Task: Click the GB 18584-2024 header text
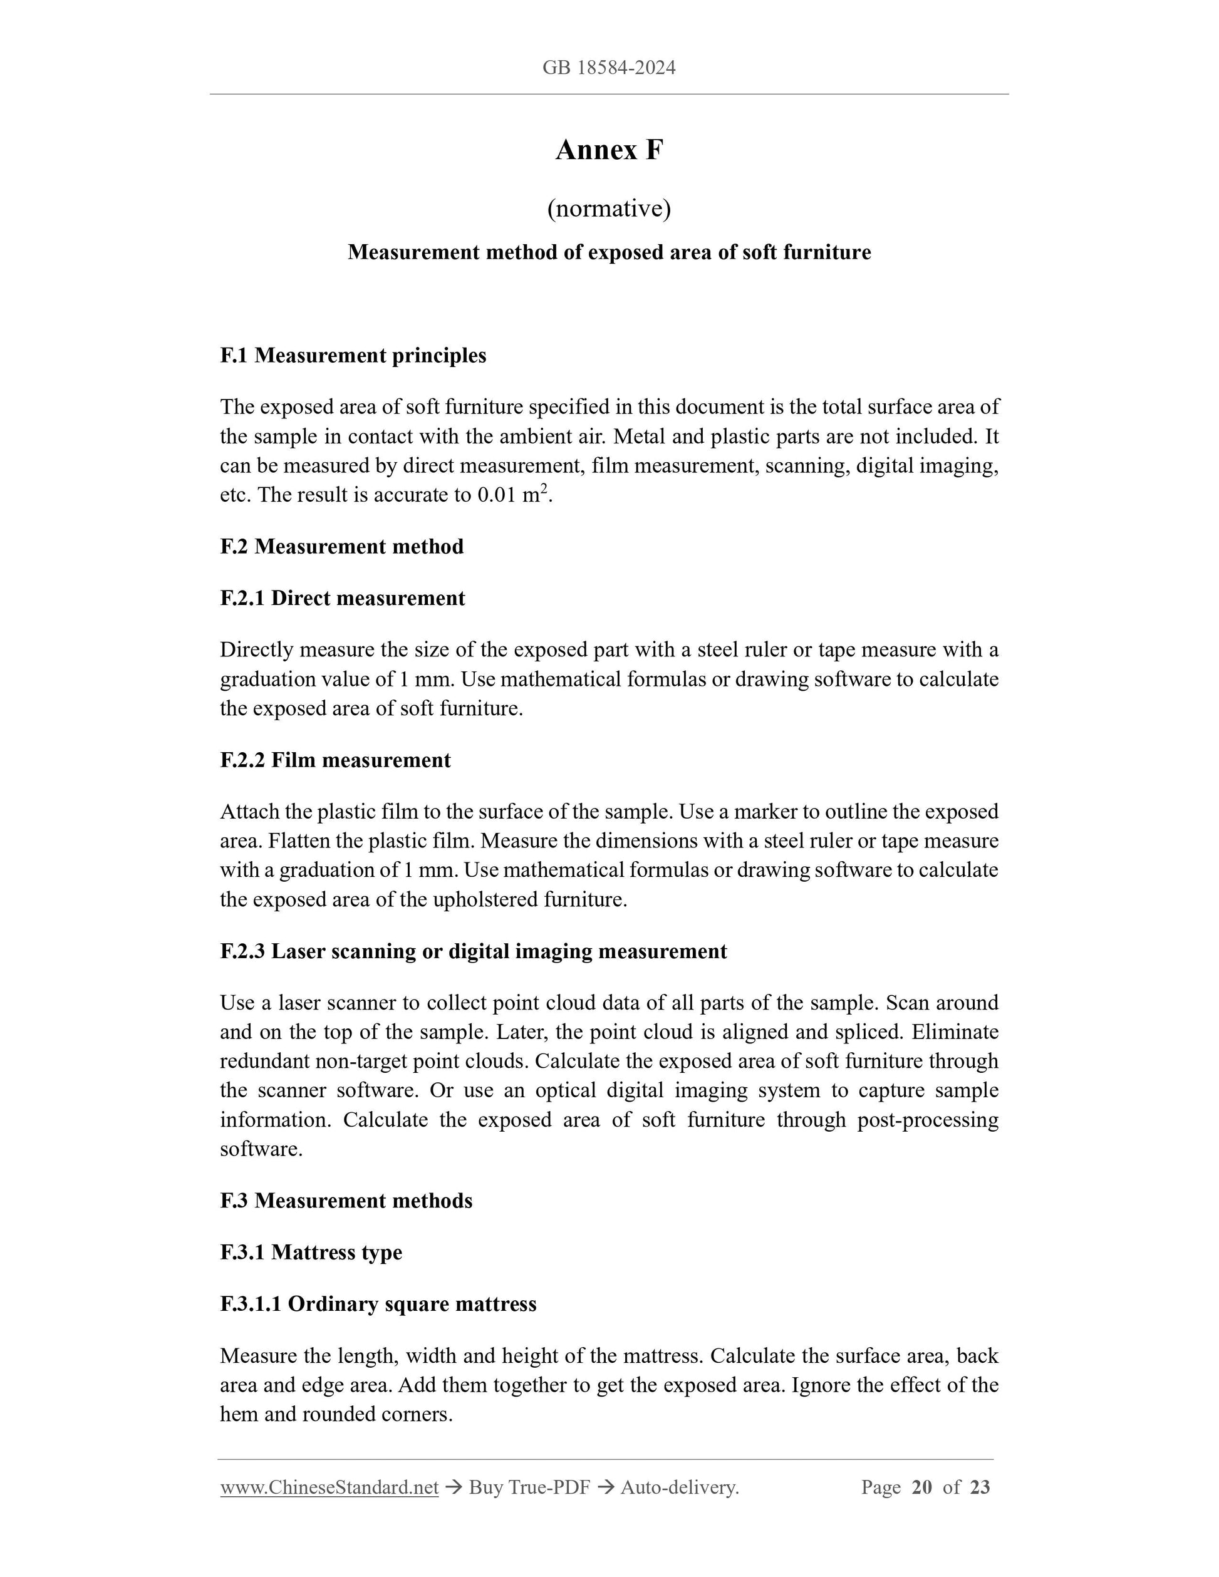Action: coord(609,68)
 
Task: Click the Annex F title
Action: coord(609,150)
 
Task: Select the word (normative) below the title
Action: coord(609,209)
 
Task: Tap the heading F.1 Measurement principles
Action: coord(353,355)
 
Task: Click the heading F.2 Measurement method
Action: coord(341,547)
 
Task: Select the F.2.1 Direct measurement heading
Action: coord(342,599)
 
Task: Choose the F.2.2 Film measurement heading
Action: coord(335,760)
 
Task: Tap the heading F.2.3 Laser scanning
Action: coord(473,952)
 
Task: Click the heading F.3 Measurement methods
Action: coord(346,1201)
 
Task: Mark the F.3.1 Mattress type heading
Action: coord(311,1253)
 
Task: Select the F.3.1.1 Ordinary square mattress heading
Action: coord(378,1305)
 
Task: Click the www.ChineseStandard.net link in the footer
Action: coord(329,1487)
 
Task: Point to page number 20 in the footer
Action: coord(921,1487)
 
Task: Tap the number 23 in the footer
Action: coord(980,1487)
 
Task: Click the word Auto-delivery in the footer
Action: coord(679,1487)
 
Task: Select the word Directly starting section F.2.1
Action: coord(256,651)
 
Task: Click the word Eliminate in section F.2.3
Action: coord(955,1033)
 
